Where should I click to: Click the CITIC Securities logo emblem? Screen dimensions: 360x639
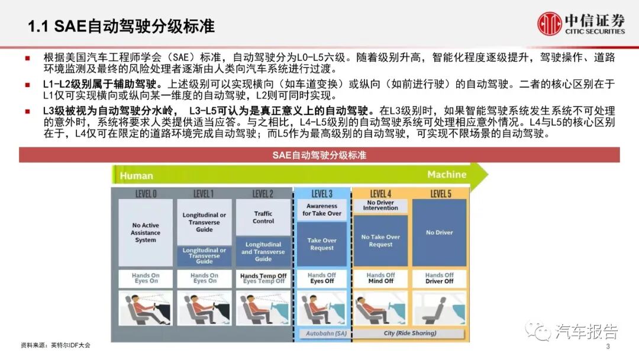[549, 23]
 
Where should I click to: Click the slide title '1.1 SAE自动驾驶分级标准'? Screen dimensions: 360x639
[121, 26]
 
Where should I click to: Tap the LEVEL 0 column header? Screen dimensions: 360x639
[146, 194]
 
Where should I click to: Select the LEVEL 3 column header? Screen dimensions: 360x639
[322, 194]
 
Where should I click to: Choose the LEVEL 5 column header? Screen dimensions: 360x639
[440, 194]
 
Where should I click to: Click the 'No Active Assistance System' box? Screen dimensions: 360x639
[146, 233]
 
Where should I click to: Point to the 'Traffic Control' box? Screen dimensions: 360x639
[263, 217]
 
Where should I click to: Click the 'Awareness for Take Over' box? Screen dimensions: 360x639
[322, 210]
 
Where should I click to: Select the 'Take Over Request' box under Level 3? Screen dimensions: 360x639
[322, 244]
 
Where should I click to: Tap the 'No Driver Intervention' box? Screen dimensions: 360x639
[380, 205]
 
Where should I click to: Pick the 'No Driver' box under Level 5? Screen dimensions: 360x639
[440, 233]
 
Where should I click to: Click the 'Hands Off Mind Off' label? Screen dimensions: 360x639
[380, 278]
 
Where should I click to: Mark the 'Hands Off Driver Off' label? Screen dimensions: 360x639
[440, 278]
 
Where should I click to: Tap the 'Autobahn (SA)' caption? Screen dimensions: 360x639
[322, 333]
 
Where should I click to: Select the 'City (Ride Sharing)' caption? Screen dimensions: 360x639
[410, 333]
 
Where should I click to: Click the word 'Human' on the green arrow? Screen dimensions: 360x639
[137, 176]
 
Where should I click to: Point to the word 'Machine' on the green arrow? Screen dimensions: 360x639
[447, 175]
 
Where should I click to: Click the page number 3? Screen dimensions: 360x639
[608, 346]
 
